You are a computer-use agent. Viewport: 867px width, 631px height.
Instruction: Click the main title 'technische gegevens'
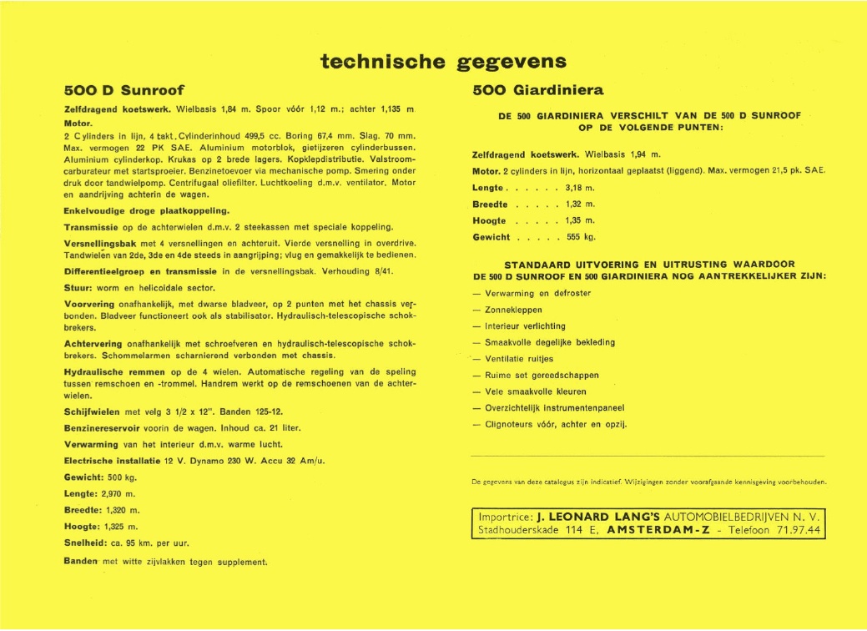[x=443, y=61]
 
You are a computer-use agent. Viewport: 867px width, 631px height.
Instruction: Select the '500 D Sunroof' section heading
[x=123, y=90]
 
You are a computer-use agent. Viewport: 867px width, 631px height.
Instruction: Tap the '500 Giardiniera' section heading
[x=538, y=90]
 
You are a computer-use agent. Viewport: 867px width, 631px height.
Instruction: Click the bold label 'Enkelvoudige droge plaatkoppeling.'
[x=146, y=210]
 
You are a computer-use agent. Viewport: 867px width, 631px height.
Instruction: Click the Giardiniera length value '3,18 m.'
[x=580, y=188]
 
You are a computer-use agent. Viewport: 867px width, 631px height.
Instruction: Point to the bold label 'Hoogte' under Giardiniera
[x=489, y=220]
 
